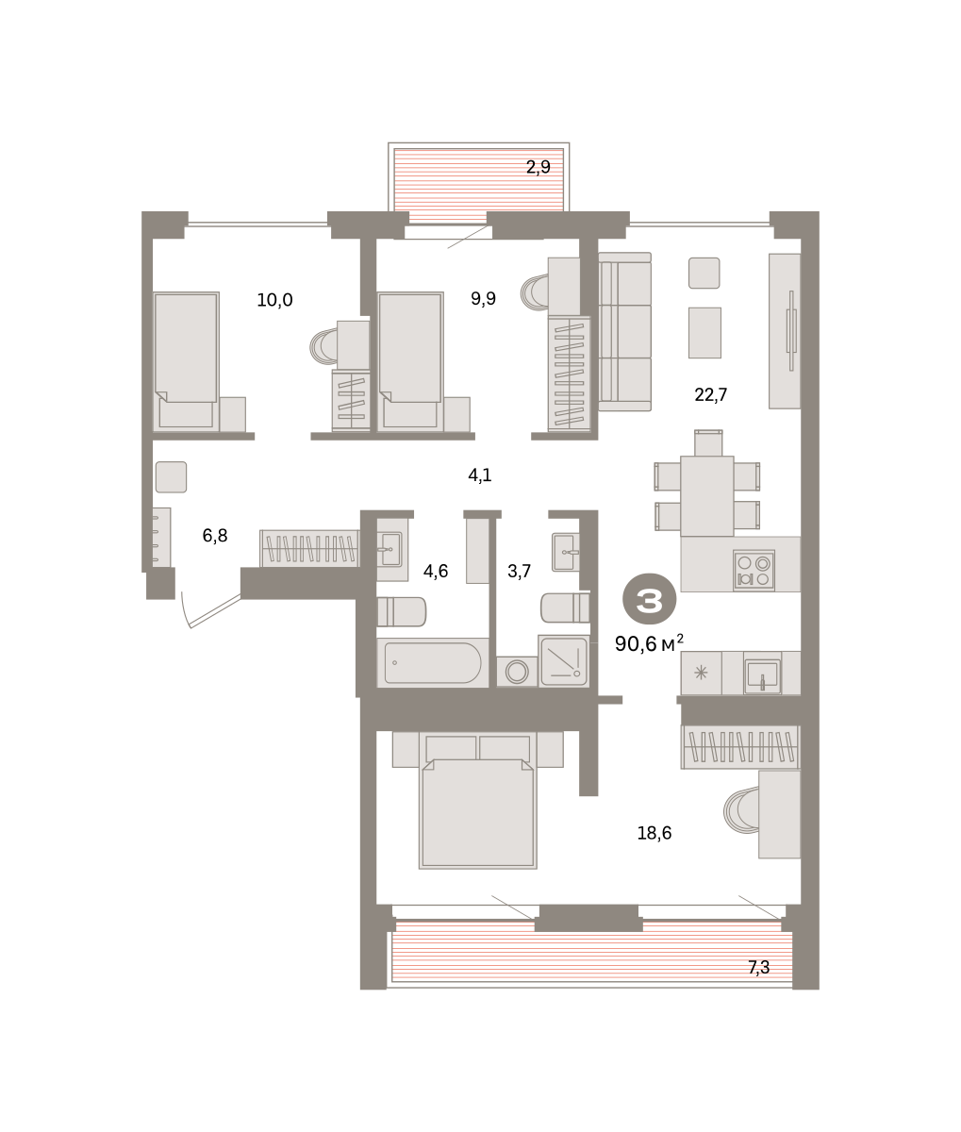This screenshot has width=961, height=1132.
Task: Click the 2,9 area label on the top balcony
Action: click(x=538, y=167)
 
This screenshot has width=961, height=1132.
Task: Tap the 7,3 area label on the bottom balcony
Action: click(x=758, y=968)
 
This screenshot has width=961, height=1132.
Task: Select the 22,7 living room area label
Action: click(x=711, y=394)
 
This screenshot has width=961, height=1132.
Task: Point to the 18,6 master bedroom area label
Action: click(x=654, y=833)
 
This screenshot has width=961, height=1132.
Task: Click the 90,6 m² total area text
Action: click(x=649, y=643)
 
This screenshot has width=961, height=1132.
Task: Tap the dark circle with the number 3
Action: click(x=650, y=600)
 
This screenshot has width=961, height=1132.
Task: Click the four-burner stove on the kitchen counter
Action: click(x=754, y=570)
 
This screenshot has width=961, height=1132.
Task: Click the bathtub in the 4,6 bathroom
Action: click(x=433, y=662)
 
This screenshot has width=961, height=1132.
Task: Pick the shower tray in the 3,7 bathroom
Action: click(x=564, y=661)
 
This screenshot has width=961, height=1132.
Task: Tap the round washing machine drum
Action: click(x=517, y=672)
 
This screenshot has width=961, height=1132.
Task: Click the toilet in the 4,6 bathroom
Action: click(x=402, y=611)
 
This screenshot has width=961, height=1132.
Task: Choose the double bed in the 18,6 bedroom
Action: click(x=478, y=800)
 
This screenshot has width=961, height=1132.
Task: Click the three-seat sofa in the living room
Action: click(x=624, y=332)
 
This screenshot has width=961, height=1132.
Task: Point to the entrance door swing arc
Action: click(x=185, y=610)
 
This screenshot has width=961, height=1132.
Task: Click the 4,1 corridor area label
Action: click(x=480, y=474)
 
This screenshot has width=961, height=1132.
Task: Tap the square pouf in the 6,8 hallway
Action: click(x=171, y=477)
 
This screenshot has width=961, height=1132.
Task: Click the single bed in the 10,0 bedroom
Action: click(x=186, y=361)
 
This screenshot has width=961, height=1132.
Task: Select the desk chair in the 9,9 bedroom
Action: click(x=535, y=291)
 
